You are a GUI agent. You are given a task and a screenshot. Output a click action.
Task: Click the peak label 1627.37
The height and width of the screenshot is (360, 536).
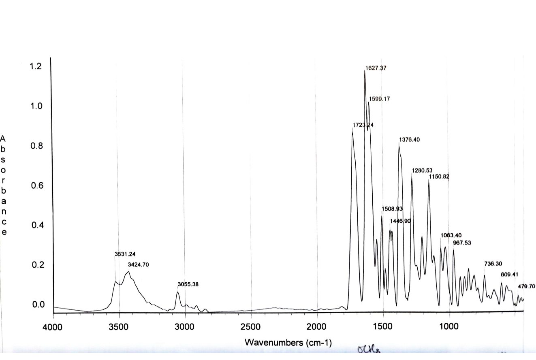pyautogui.click(x=376, y=68)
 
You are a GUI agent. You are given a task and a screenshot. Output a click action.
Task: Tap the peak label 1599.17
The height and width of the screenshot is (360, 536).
pyautogui.click(x=379, y=99)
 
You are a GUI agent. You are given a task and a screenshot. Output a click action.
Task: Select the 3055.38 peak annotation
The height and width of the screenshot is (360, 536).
pyautogui.click(x=188, y=285)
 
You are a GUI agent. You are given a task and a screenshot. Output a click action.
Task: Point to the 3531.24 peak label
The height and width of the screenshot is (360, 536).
pyautogui.click(x=125, y=254)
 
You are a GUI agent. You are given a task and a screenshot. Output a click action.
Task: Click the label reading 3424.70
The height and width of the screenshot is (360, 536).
pyautogui.click(x=139, y=265)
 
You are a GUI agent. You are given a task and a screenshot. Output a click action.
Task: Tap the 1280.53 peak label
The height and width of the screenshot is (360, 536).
pyautogui.click(x=423, y=170)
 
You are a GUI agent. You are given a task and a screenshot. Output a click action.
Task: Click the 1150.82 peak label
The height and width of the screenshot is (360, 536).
pyautogui.click(x=439, y=177)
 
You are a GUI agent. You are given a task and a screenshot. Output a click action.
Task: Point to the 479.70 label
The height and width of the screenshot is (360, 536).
pyautogui.click(x=527, y=286)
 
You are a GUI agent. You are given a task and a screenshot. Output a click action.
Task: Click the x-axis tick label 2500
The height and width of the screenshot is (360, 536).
pyautogui.click(x=251, y=327)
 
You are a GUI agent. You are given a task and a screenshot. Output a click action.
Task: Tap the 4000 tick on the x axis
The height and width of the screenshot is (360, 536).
pyautogui.click(x=53, y=327)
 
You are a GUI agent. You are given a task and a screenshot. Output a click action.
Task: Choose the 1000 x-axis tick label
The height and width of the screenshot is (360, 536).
pyautogui.click(x=448, y=327)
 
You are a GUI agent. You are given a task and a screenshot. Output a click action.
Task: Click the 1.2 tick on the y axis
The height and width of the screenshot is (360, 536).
pyautogui.click(x=36, y=66)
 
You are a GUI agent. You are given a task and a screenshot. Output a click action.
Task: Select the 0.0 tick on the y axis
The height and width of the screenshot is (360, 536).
pyautogui.click(x=36, y=305)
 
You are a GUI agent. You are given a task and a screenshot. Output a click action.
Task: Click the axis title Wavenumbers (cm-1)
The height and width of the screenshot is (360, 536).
pyautogui.click(x=288, y=343)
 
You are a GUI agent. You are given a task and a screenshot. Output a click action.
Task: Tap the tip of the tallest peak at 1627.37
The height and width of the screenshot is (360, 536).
pyautogui.click(x=365, y=71)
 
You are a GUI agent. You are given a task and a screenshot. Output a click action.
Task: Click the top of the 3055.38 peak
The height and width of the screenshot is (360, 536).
pyautogui.click(x=177, y=292)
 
